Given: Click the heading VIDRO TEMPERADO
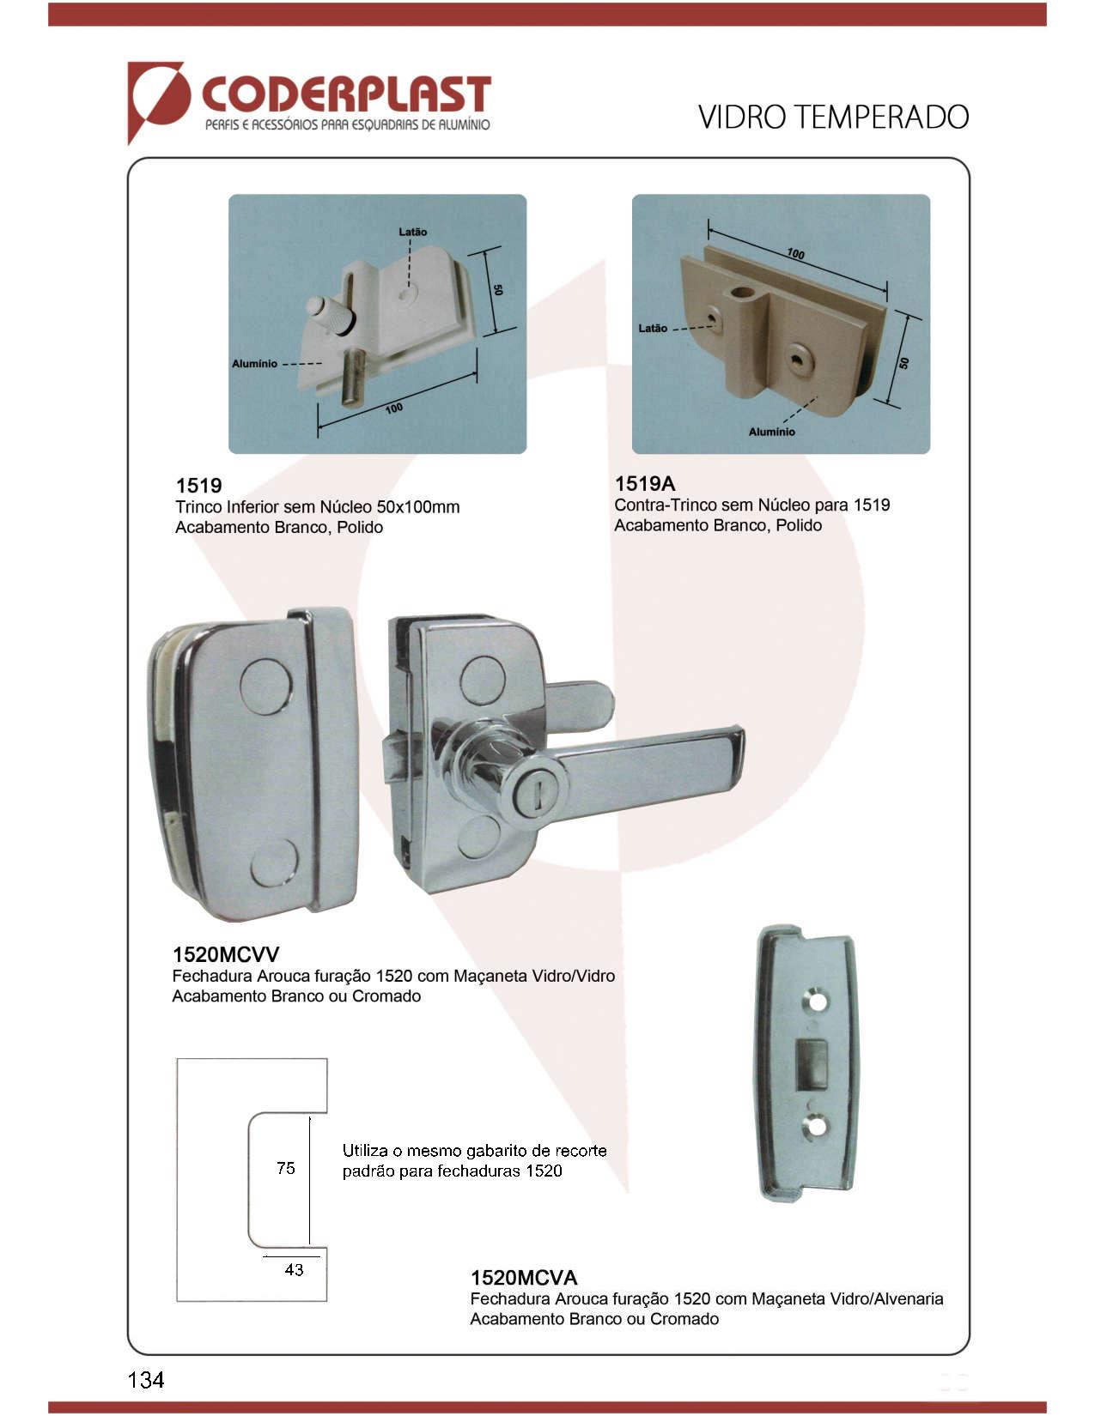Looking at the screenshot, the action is coord(833,118).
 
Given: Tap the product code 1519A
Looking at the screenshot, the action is coord(644,483).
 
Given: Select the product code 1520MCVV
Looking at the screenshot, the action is coord(226,954).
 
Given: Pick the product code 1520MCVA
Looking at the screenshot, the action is coord(524,1277).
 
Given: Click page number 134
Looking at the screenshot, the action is coord(146,1379).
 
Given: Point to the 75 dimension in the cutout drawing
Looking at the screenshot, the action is coord(286,1168).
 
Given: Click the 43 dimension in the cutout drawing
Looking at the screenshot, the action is coord(294,1269).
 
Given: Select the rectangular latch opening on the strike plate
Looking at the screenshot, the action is coord(812,1062).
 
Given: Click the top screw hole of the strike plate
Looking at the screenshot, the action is coord(818,1001).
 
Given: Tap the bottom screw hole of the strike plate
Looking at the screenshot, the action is coord(816,1125).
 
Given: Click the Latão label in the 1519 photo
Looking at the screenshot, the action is coord(413,232).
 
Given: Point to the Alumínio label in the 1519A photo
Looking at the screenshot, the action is coord(772,432).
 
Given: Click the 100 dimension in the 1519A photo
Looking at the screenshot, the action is coord(795,253).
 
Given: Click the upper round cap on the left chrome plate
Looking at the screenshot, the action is coord(265,687).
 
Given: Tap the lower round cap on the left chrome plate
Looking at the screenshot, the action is coord(275,864).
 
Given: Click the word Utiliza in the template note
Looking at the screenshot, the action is coord(365,1151).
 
